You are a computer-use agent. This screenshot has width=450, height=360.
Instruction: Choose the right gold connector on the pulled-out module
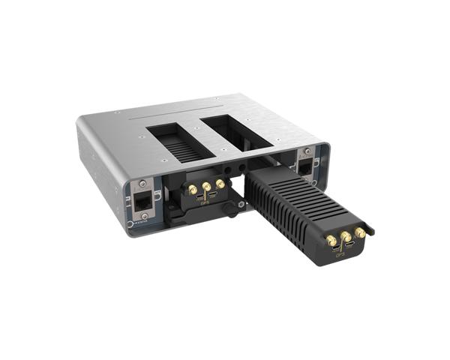pyautogui.click(x=361, y=233)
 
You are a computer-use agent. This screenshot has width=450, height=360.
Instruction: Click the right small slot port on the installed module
pyautogui.click(x=213, y=195)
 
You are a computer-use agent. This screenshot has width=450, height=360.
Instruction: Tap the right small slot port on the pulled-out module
pyautogui.click(x=355, y=247)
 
